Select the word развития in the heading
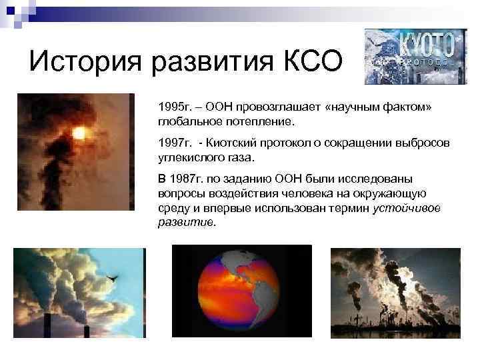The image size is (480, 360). tap(203, 64)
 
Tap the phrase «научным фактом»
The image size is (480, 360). tap(378, 108)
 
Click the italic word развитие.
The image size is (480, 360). tap(187, 223)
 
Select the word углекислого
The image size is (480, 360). tap(188, 157)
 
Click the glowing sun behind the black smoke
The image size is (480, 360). tap(79, 133)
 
